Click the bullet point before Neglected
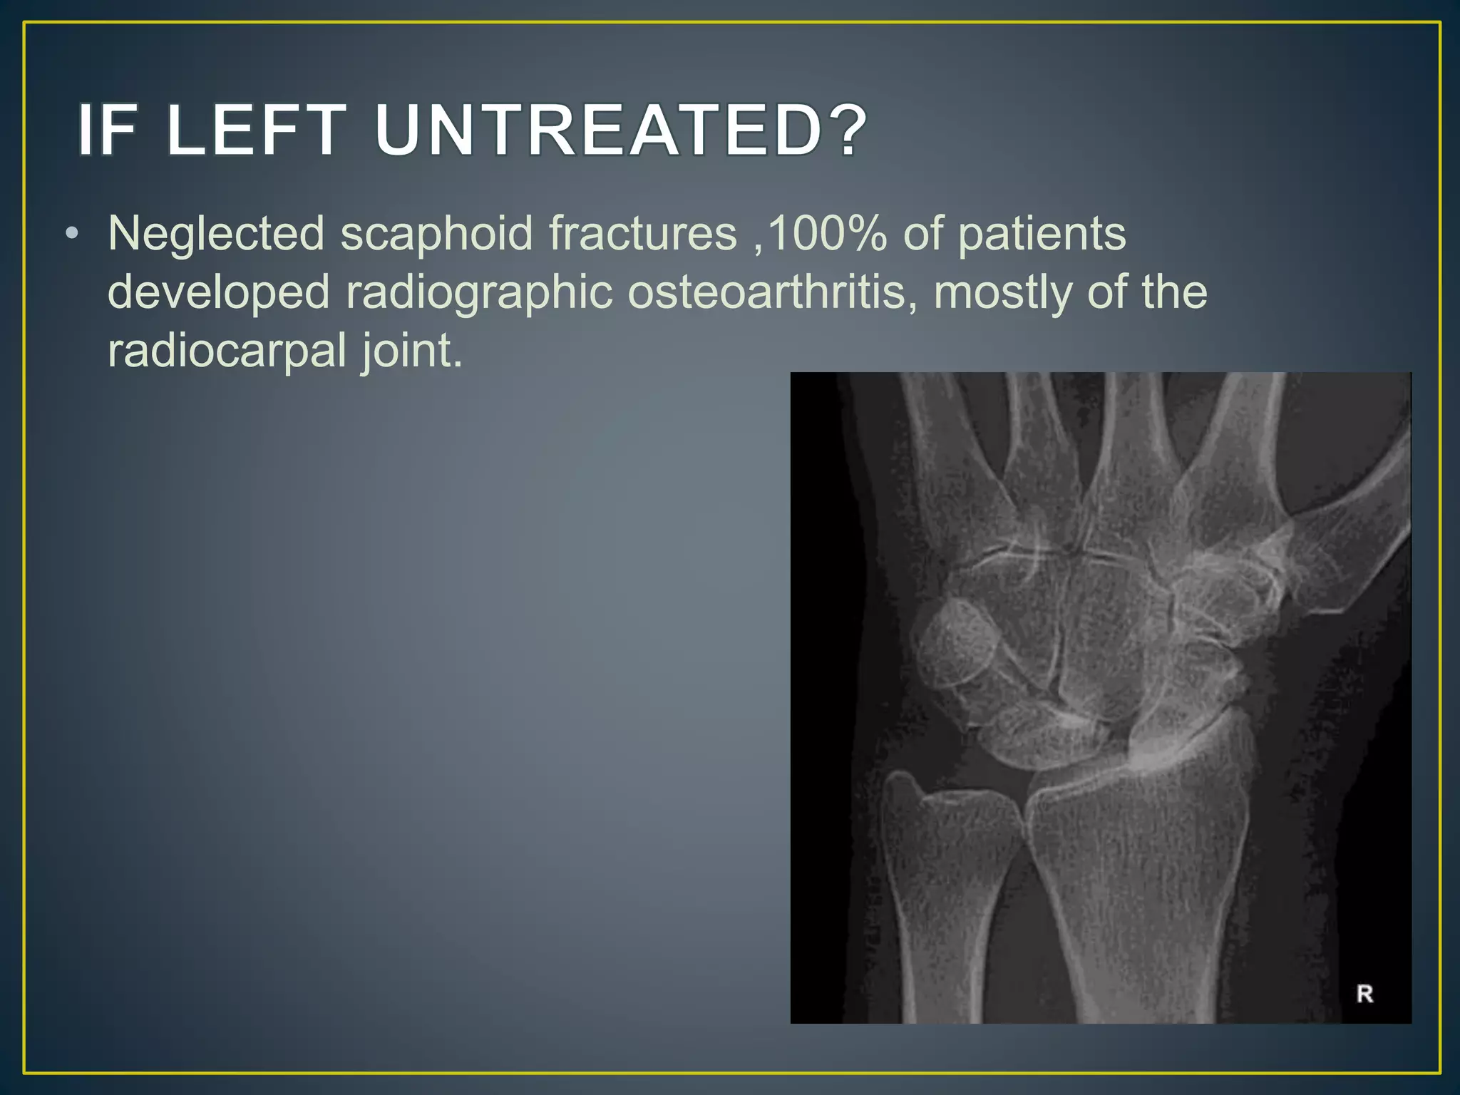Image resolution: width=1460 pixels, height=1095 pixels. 71,234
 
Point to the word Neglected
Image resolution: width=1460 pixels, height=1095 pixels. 216,234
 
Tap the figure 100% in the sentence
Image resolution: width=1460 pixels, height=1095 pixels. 827,234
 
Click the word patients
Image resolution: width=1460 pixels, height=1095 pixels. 1042,234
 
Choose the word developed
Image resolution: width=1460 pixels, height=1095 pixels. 218,292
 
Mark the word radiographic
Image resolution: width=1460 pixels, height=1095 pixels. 479,292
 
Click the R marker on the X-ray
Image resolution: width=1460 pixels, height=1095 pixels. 1364,994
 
